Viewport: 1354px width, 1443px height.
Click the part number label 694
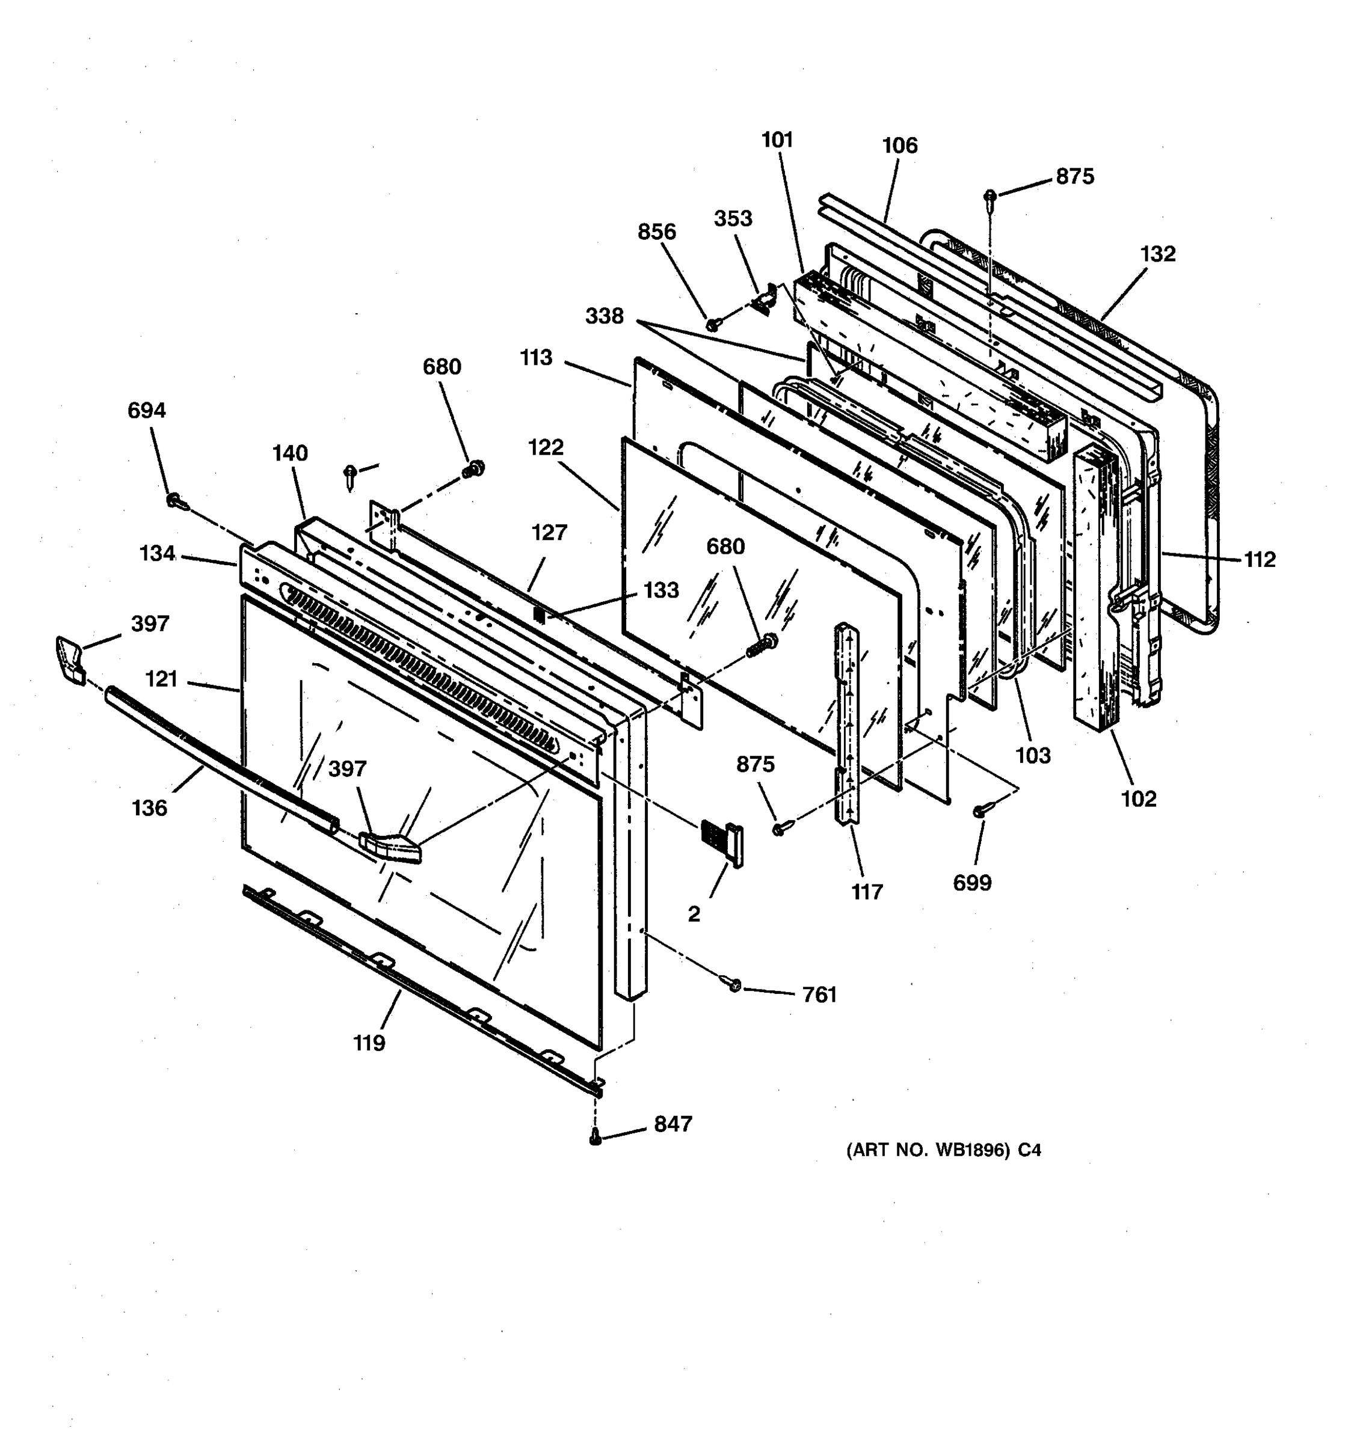click(147, 411)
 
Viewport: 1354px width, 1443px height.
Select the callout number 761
click(820, 994)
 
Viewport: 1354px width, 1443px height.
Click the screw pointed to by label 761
click(733, 984)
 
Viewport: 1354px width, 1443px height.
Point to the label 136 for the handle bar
click(150, 808)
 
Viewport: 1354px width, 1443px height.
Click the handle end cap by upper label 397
click(69, 659)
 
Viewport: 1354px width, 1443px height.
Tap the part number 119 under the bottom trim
click(369, 1043)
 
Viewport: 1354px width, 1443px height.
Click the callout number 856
click(656, 232)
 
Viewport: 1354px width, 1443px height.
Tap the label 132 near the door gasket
click(1157, 254)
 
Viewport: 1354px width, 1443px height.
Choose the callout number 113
click(536, 358)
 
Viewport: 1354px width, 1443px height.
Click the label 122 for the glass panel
click(546, 447)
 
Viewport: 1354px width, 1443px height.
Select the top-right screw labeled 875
click(989, 196)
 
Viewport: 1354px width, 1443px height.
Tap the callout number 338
click(604, 316)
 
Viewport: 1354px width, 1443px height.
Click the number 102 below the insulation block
click(1139, 799)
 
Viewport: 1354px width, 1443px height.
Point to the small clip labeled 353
click(765, 299)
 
